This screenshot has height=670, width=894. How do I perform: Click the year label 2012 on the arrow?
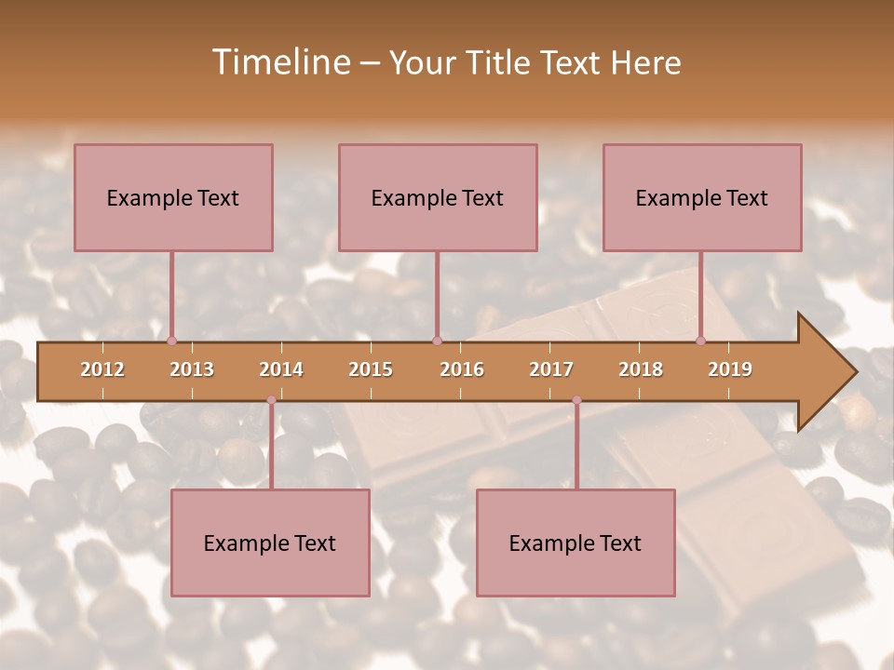(x=102, y=369)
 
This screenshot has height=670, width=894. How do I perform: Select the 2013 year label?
(x=192, y=369)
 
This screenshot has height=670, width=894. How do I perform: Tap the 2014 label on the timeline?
(x=281, y=369)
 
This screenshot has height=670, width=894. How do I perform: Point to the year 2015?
(x=371, y=369)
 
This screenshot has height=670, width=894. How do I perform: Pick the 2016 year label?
(x=462, y=369)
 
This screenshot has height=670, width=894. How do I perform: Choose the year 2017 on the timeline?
(x=551, y=369)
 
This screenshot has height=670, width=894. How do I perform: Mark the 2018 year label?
(x=641, y=369)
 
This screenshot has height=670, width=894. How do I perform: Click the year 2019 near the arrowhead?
(x=730, y=369)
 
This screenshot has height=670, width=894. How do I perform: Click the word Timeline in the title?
(x=279, y=62)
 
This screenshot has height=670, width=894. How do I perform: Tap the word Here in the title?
(x=645, y=62)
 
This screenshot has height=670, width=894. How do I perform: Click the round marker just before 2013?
(x=171, y=342)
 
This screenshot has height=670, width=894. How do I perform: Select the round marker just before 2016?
(x=437, y=342)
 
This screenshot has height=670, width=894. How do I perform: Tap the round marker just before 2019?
(x=701, y=342)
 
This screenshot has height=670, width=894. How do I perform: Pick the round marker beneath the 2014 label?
(x=271, y=400)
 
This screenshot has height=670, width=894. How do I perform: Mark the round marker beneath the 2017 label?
(x=576, y=400)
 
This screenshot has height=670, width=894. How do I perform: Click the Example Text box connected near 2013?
(x=173, y=197)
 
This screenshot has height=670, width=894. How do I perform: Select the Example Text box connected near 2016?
(x=438, y=197)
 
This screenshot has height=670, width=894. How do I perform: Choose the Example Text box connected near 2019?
(x=702, y=197)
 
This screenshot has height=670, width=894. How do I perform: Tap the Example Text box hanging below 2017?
(x=576, y=543)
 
